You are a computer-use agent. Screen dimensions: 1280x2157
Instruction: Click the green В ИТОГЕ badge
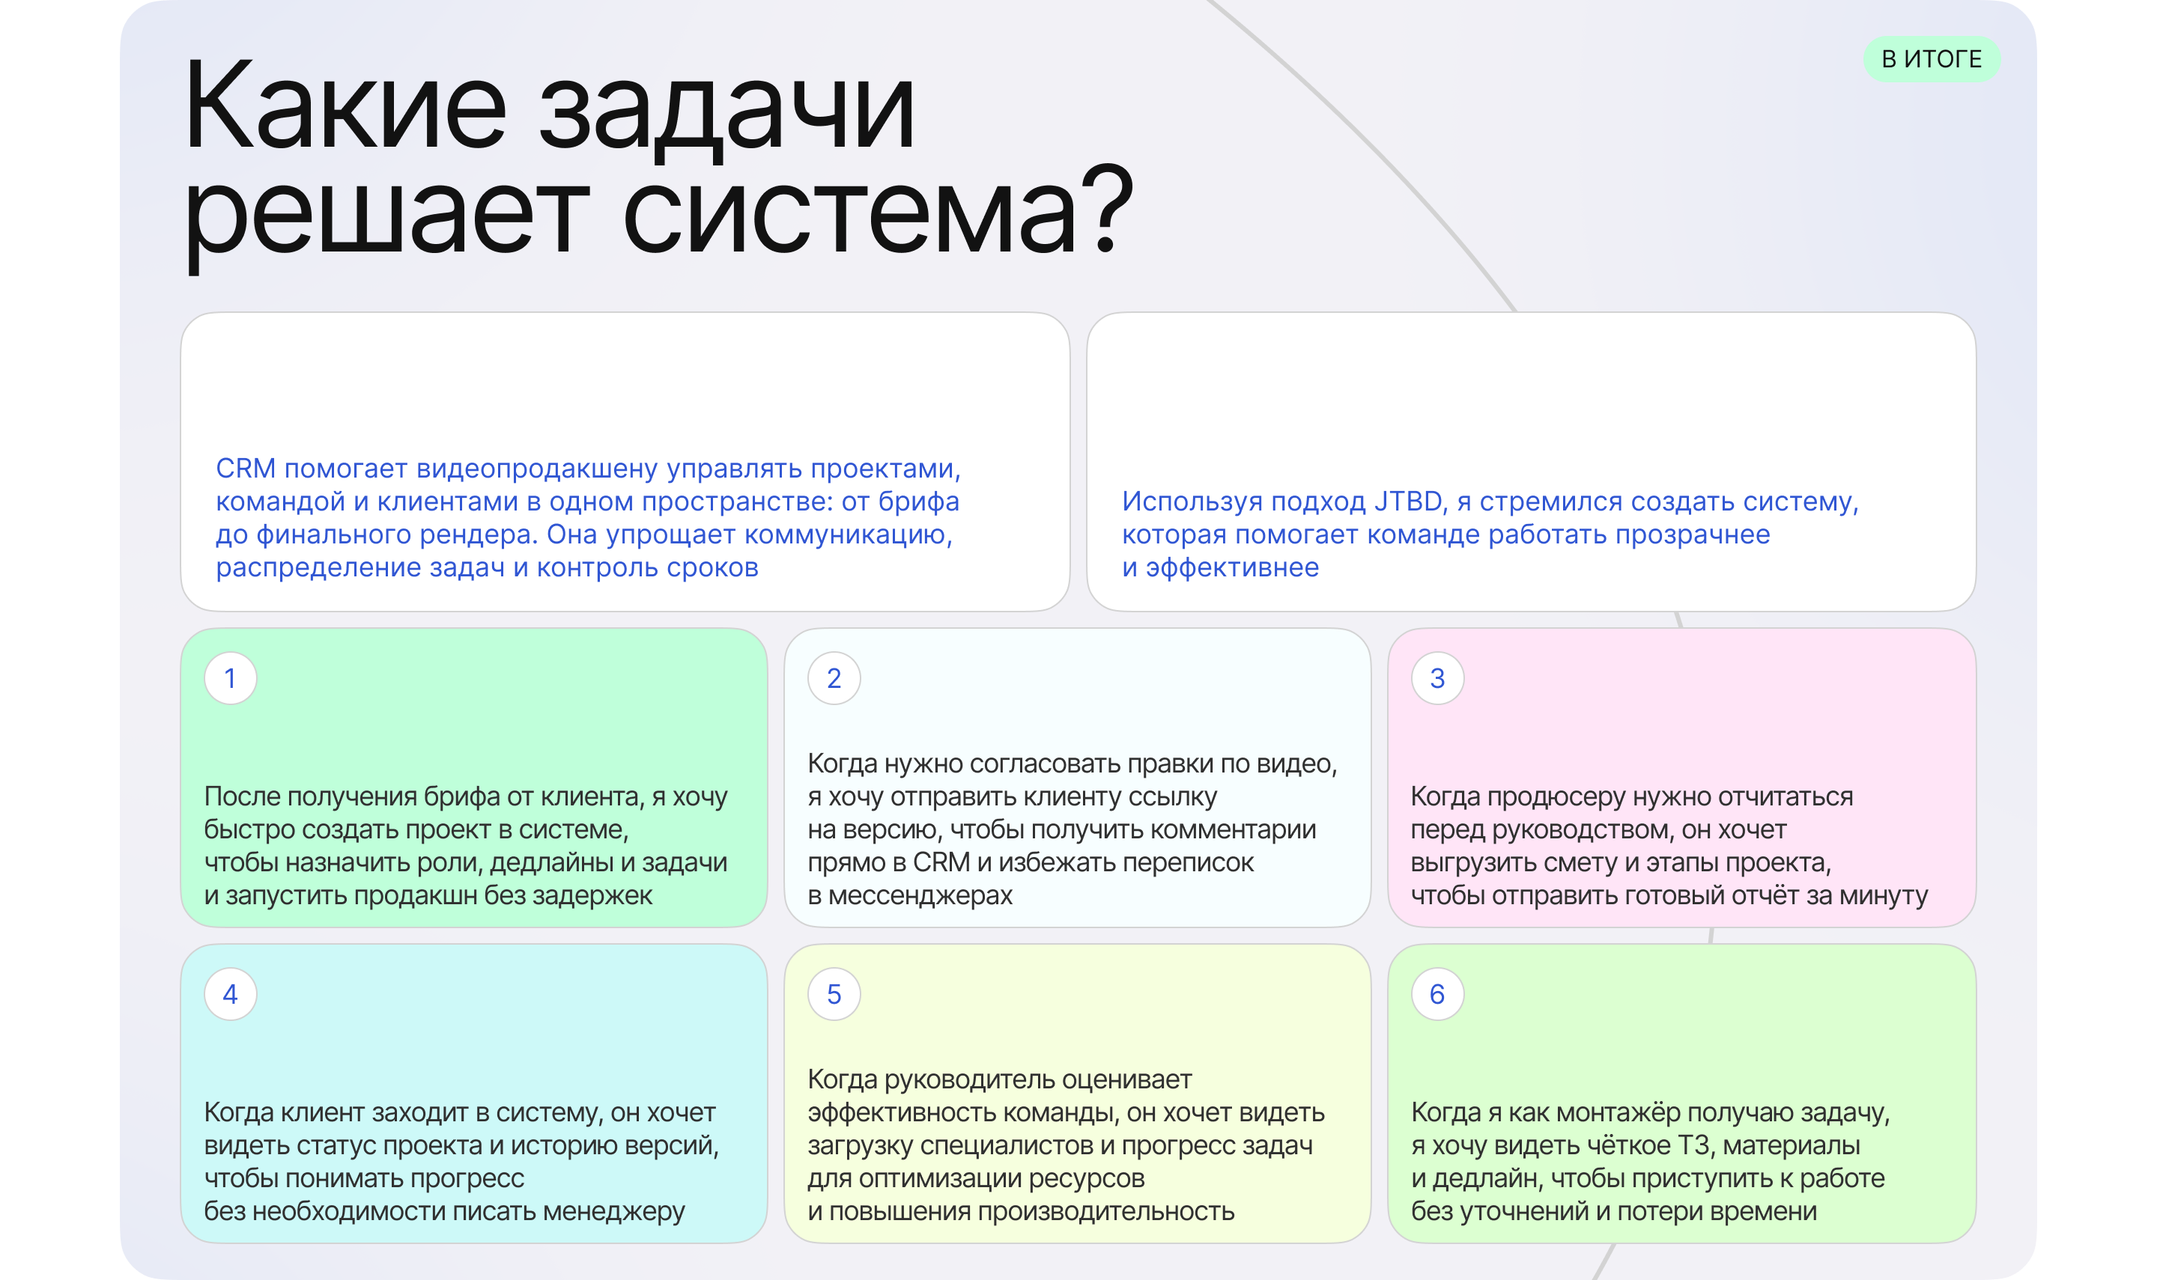[1931, 60]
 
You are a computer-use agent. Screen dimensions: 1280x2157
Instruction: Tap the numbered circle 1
[231, 679]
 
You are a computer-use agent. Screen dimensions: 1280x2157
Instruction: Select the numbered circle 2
[834, 679]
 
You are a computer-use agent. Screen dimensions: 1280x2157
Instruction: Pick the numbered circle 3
[1437, 679]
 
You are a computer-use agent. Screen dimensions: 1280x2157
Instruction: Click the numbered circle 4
[231, 995]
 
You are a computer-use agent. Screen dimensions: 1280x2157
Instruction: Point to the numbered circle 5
[834, 995]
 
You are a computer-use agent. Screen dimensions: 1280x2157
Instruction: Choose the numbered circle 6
[1437, 995]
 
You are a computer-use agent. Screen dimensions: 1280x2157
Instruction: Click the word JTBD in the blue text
[1407, 501]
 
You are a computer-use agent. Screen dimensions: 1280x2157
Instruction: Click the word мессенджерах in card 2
[920, 895]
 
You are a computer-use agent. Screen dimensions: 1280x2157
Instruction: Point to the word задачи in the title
[726, 109]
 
